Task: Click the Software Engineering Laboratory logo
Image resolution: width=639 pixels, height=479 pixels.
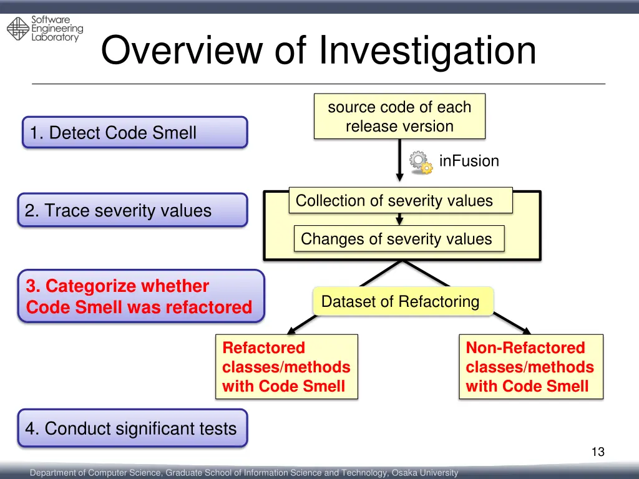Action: tap(44, 29)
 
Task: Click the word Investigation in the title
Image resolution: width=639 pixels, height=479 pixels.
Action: tap(427, 51)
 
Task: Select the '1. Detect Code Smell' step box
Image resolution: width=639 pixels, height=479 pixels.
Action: tap(135, 132)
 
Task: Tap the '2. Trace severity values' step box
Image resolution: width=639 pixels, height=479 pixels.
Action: tap(132, 210)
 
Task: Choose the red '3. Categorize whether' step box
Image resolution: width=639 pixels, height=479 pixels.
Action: tap(140, 296)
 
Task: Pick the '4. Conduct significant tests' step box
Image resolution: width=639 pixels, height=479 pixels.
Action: tap(132, 428)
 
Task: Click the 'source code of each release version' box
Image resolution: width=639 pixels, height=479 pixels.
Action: tap(399, 117)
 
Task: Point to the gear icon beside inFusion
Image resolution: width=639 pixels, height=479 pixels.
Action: tap(421, 161)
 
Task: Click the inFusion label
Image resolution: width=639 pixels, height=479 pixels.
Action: tap(469, 161)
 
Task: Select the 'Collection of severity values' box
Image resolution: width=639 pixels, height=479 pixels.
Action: tap(400, 201)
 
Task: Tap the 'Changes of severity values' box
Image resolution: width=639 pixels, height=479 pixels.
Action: tap(399, 239)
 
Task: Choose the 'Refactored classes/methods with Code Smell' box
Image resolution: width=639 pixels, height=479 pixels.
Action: tap(286, 367)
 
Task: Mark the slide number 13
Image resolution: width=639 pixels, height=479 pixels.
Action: tap(598, 452)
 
